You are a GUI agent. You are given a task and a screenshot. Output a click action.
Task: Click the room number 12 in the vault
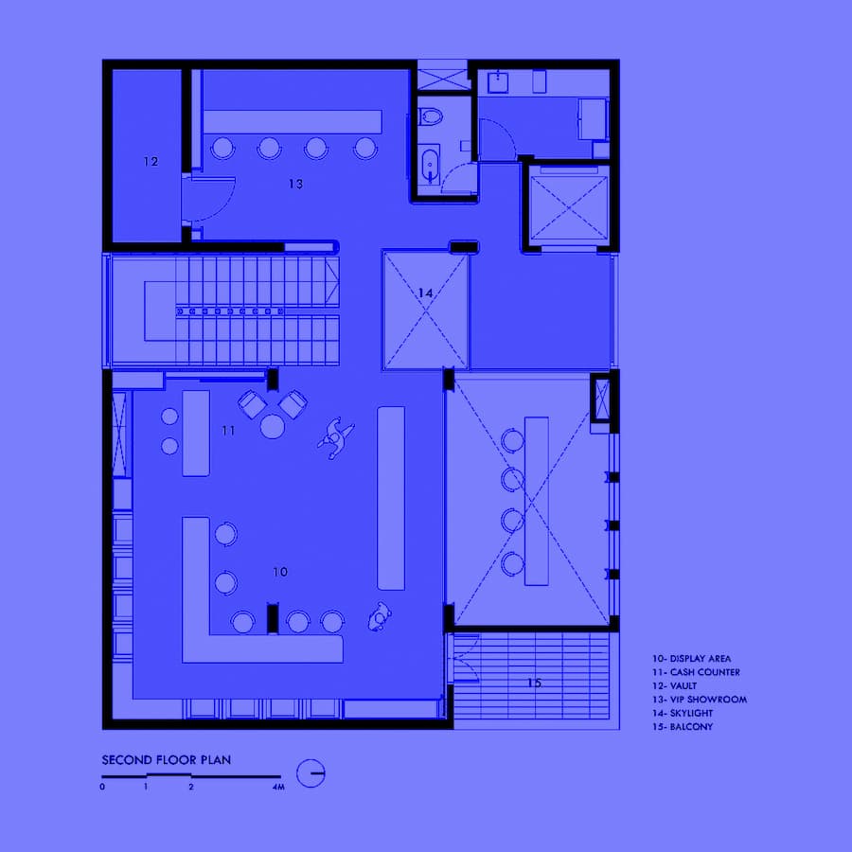click(151, 161)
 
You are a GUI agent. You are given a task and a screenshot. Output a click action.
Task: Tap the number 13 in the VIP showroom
click(295, 184)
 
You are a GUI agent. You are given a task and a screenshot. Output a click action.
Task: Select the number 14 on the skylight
click(425, 293)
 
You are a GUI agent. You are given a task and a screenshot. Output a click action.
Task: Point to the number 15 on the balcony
click(534, 683)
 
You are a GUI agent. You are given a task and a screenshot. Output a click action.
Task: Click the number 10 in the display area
click(280, 572)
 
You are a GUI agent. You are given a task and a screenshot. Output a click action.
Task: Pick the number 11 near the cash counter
click(228, 431)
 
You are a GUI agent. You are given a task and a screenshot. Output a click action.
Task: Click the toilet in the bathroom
click(431, 116)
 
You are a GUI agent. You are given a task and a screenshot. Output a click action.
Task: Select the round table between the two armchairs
click(273, 426)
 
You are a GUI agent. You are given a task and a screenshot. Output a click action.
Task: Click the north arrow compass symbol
click(311, 772)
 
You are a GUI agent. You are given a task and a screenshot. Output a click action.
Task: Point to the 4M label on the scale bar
click(278, 787)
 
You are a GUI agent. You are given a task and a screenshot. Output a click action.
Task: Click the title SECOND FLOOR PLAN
click(167, 759)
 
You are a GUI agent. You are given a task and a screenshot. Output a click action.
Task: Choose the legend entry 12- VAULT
click(674, 685)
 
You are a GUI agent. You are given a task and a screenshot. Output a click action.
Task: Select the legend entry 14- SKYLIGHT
click(683, 713)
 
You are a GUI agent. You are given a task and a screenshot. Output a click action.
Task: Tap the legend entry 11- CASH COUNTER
click(696, 672)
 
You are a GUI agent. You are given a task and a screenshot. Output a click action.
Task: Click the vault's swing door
click(209, 199)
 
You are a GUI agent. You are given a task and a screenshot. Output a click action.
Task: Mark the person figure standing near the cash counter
click(335, 438)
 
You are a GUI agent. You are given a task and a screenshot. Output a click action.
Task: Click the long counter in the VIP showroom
click(293, 122)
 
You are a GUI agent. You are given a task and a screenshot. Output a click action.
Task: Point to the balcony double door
click(465, 658)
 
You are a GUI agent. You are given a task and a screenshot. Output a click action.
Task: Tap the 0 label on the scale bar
click(102, 787)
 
